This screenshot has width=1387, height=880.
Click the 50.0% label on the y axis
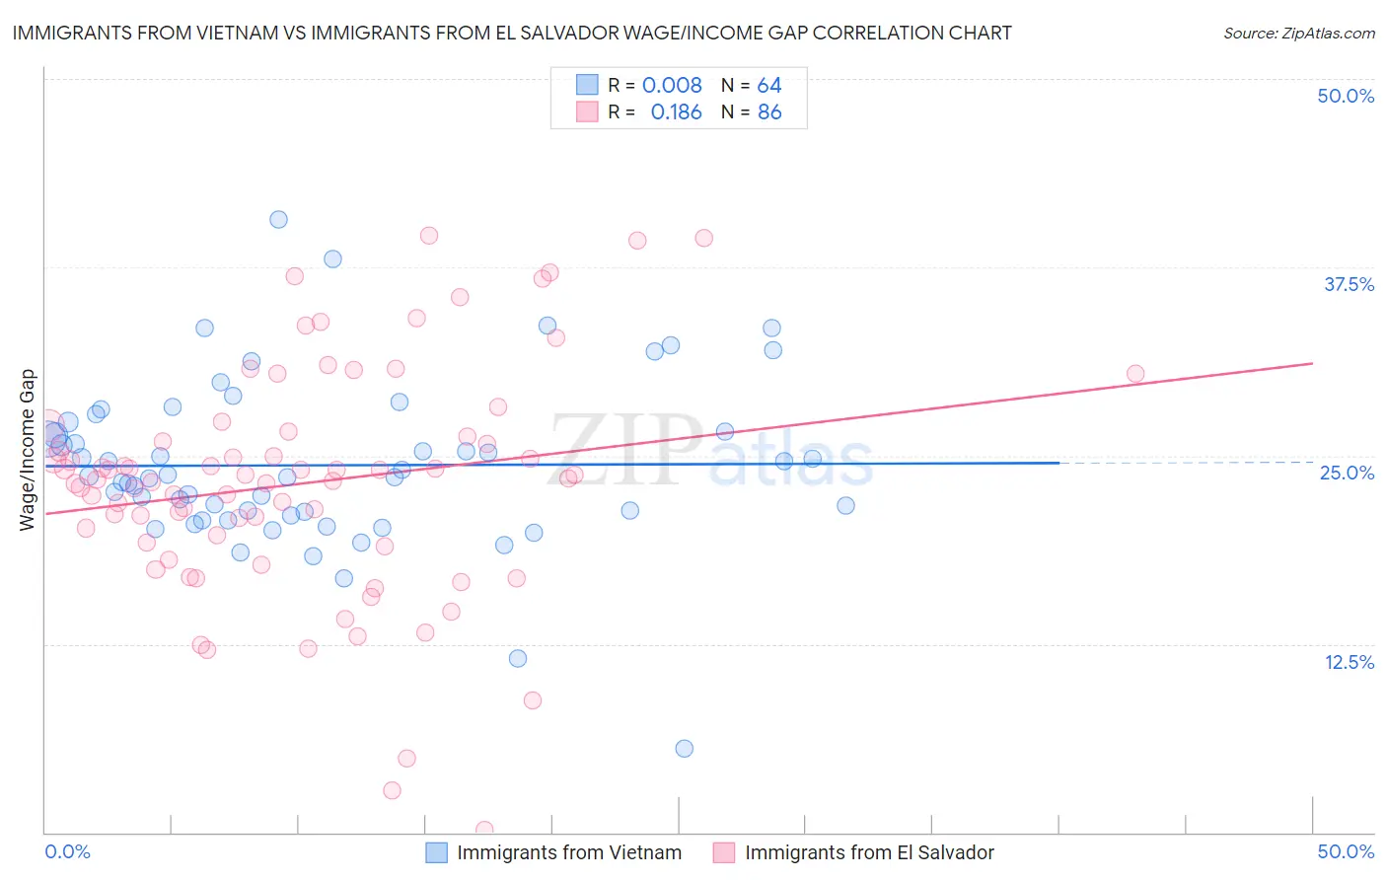tap(1346, 97)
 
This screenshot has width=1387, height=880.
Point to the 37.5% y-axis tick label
tap(1349, 285)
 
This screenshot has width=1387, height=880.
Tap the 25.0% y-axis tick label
tap(1347, 474)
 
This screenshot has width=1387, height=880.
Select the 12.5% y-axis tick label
tap(1349, 662)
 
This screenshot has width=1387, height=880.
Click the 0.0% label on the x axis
tap(67, 852)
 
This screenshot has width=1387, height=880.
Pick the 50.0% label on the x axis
tap(1346, 852)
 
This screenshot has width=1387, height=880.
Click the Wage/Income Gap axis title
tap(28, 450)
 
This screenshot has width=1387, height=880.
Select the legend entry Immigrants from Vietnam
tap(568, 853)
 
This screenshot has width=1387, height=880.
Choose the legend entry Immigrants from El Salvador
tap(869, 853)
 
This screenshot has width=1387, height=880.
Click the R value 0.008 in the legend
tap(672, 86)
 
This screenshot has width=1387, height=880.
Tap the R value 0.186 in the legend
tap(676, 112)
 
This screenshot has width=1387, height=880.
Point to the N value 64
tap(769, 86)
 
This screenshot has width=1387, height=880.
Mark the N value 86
tap(769, 112)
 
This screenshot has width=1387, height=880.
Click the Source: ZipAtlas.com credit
tap(1298, 34)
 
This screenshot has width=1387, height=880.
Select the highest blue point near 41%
tap(278, 219)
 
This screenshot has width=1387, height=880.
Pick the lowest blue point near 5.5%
tap(684, 749)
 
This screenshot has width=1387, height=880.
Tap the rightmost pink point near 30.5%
tap(1135, 374)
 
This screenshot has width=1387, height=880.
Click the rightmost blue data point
tap(845, 506)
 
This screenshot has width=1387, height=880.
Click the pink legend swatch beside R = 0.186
tap(587, 112)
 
